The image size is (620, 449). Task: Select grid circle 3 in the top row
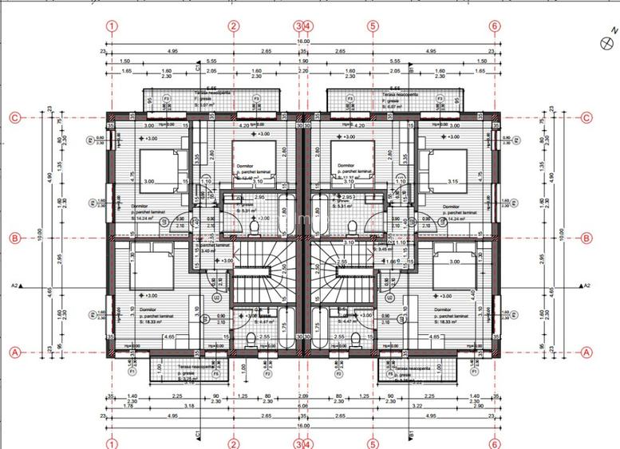tap(298, 26)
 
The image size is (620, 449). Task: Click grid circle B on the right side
tap(587, 238)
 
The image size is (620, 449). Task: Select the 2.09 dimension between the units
tap(303, 396)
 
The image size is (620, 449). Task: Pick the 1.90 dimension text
tap(303, 61)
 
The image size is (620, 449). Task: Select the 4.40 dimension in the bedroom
tap(474, 293)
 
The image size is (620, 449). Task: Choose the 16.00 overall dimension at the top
tap(303, 41)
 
